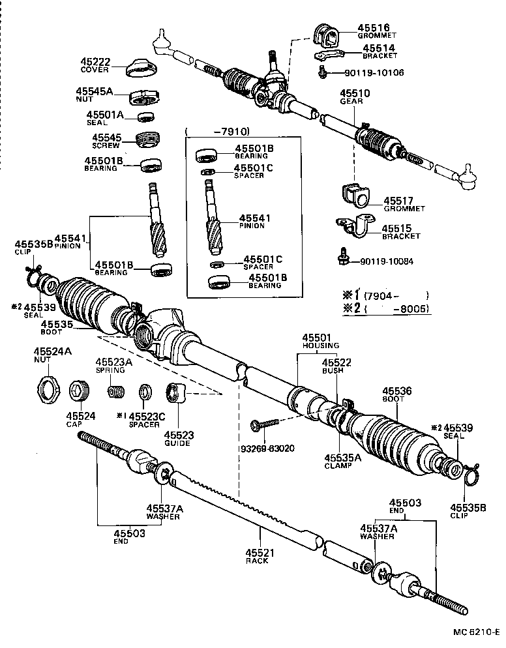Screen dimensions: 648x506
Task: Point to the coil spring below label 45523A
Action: click(x=116, y=393)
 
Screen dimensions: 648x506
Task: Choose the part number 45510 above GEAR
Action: click(x=355, y=93)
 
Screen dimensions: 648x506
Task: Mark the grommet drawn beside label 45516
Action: click(x=325, y=35)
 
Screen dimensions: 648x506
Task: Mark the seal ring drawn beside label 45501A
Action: click(x=146, y=117)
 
